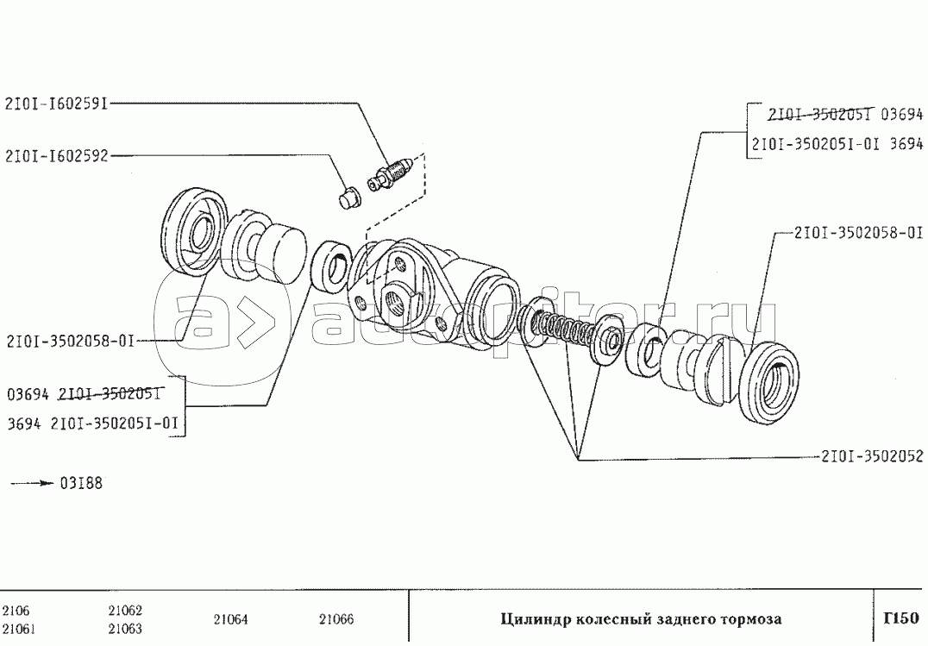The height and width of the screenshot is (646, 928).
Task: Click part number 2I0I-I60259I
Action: (56, 103)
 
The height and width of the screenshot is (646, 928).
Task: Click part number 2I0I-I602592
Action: (56, 156)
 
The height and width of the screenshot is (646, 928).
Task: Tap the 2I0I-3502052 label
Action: (870, 456)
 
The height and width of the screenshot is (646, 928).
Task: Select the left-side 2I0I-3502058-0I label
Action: (69, 341)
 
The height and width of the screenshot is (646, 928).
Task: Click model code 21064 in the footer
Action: (229, 618)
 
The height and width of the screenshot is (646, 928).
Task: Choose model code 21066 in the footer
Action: (336, 618)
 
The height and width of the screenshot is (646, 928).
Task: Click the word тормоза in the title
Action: (751, 618)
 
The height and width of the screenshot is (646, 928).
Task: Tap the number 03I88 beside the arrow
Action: (81, 483)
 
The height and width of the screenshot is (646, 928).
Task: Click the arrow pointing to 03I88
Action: (32, 483)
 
